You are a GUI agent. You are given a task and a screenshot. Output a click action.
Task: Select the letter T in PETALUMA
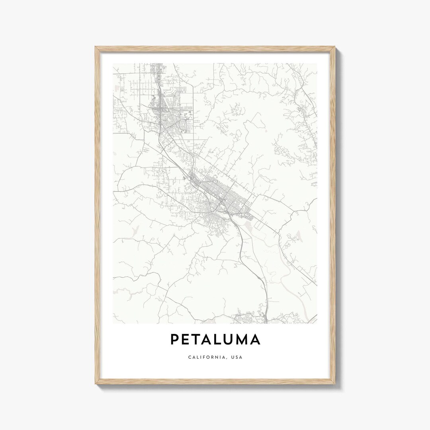click(198, 339)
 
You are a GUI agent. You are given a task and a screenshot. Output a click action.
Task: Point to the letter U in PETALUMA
click(232, 339)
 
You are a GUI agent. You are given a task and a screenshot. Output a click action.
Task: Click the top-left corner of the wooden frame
click(96, 47)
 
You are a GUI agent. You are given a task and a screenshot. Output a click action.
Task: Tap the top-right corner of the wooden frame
click(334, 47)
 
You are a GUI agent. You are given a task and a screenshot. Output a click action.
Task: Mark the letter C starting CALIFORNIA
click(189, 357)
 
